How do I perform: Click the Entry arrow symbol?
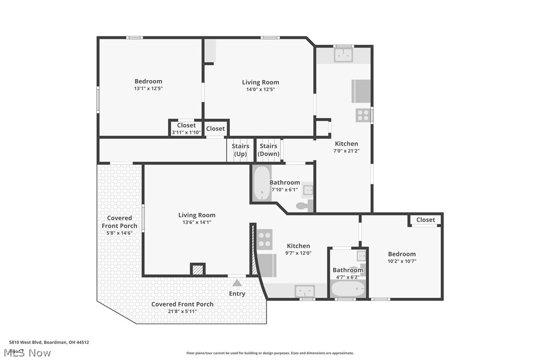pos(237,283)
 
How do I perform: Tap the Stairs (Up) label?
pos(240,150)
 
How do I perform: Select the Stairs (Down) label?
pos(269,150)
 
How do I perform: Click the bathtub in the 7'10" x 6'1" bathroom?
pos(261,183)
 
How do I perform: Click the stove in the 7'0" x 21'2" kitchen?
pos(363,115)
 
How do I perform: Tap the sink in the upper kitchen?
pos(344,55)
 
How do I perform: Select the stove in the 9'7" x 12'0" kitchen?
pos(265,239)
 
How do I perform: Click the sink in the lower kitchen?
pos(304,290)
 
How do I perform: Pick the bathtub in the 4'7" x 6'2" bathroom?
pos(349,289)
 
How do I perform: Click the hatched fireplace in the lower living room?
pos(197,270)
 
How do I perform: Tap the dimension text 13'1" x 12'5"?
pos(148,89)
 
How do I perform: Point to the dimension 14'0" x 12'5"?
pos(261,90)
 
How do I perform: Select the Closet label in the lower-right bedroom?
pos(425,220)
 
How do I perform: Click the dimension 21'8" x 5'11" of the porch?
pos(182,311)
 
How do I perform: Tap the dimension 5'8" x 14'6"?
pos(120,233)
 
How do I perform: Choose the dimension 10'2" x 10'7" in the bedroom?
pos(402,261)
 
